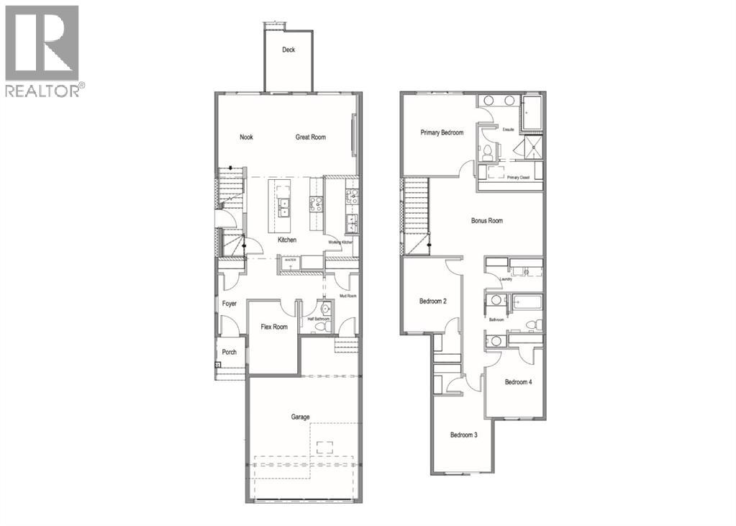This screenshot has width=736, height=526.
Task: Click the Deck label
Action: (289, 50)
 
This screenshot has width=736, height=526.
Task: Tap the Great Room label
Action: (311, 137)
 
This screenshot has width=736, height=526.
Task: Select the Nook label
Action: (246, 137)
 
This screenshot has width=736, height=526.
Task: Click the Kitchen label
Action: (287, 240)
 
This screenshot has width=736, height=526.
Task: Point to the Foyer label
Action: (229, 304)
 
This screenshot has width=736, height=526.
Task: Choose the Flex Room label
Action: (273, 327)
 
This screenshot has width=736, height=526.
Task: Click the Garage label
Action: (300, 417)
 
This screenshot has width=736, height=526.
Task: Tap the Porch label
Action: (229, 352)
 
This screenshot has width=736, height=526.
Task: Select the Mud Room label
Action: (347, 296)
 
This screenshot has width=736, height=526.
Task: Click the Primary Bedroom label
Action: (442, 132)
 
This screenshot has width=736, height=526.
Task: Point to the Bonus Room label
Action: (487, 221)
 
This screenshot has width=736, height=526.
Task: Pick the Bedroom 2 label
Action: (433, 301)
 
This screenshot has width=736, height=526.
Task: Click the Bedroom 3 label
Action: (463, 435)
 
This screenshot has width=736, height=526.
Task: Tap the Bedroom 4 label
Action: (518, 382)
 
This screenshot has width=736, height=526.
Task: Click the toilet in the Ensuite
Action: (487, 152)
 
